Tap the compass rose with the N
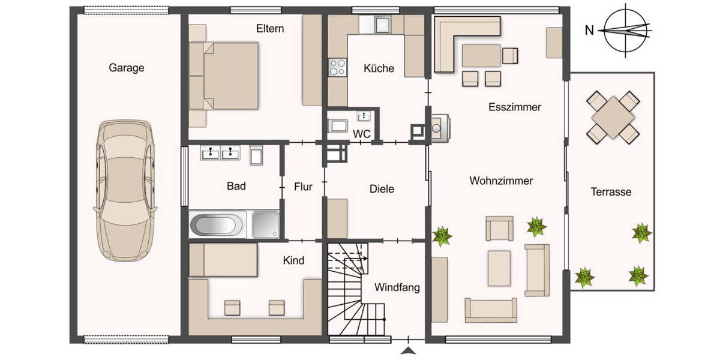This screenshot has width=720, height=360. coord(626,30)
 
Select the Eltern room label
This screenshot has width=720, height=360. coord(270,29)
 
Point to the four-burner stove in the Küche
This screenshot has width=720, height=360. coord(338,67)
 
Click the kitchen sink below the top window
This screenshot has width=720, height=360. coord(380,25)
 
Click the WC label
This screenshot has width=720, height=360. coord(361,134)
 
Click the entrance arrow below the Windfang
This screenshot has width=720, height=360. coord(408,350)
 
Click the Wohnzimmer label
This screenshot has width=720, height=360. coord(501,181)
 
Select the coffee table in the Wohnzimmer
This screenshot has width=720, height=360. coord(499,268)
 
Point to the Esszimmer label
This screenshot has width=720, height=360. coord(514,108)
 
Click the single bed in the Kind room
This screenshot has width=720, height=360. coord(223,260)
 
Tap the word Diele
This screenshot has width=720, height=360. coord(382,189)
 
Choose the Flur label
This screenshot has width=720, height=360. coord(303,187)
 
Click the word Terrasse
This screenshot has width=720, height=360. coord(611,192)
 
